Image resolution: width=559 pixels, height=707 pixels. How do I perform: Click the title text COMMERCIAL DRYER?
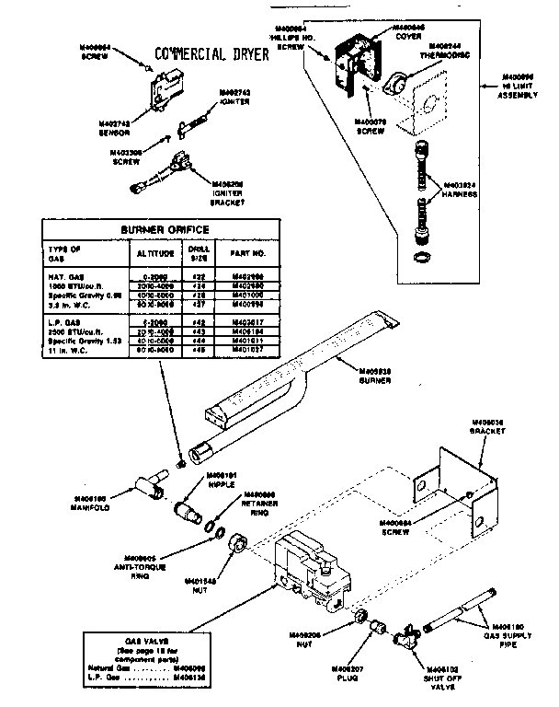[211, 53]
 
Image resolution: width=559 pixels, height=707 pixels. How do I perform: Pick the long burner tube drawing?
[294, 377]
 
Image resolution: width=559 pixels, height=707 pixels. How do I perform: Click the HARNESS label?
[461, 190]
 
